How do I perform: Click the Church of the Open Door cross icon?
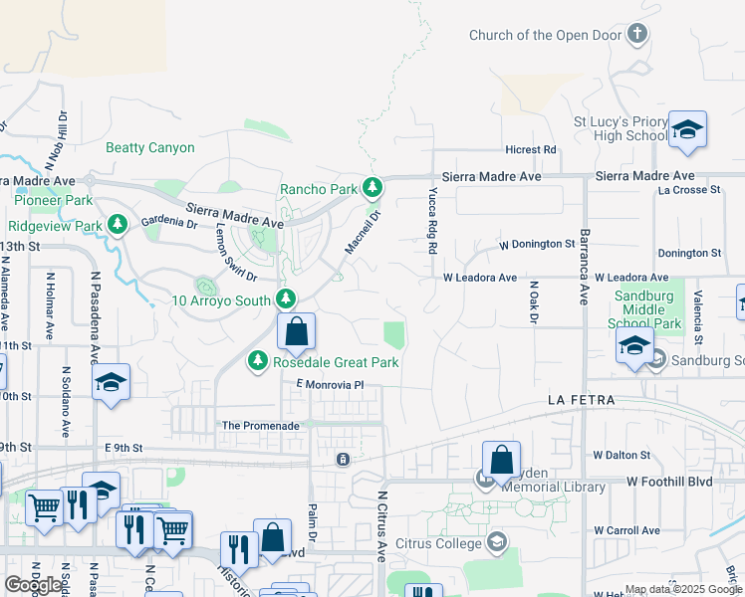pyautogui.click(x=638, y=35)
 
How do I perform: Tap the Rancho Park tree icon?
pyautogui.click(x=372, y=188)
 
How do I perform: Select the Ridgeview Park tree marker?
pyautogui.click(x=118, y=226)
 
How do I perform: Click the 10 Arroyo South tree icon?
pyautogui.click(x=286, y=299)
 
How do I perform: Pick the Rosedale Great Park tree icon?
pyautogui.click(x=259, y=362)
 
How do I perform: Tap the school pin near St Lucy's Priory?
pyautogui.click(x=687, y=131)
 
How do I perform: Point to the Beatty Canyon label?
pyautogui.click(x=150, y=148)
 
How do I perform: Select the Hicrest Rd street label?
pyautogui.click(x=530, y=150)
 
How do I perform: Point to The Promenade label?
pyautogui.click(x=260, y=426)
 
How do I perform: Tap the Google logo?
pyautogui.click(x=33, y=585)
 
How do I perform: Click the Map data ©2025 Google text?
pyautogui.click(x=683, y=589)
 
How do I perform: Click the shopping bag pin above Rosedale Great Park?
pyautogui.click(x=296, y=332)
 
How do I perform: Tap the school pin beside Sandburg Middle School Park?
pyautogui.click(x=634, y=346)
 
